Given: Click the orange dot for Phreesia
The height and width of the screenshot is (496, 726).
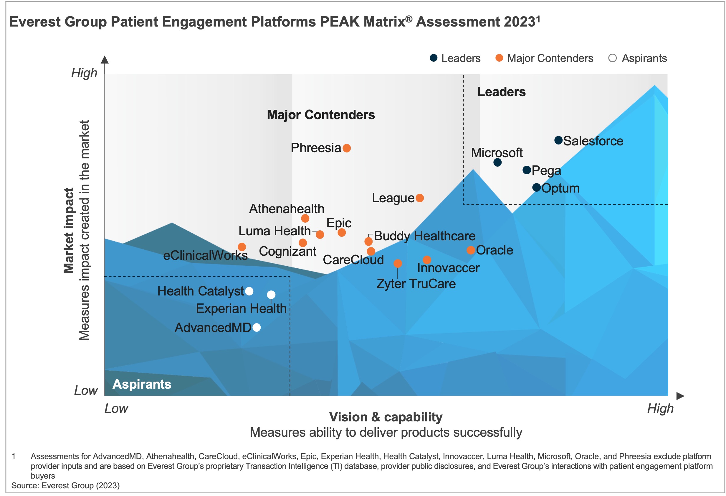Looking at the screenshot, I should (x=346, y=148).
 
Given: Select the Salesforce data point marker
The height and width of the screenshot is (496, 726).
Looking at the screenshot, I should (x=558, y=140).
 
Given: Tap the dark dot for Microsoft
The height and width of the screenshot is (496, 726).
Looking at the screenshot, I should (x=497, y=162).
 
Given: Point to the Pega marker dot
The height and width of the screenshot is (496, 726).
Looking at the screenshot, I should (x=527, y=170).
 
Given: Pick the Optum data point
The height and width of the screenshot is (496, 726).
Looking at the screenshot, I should (x=536, y=188).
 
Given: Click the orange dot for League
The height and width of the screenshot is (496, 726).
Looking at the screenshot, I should (x=419, y=198).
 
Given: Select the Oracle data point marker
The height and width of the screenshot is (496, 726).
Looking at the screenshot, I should (x=471, y=250).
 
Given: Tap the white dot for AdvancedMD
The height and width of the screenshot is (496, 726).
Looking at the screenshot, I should (x=257, y=327).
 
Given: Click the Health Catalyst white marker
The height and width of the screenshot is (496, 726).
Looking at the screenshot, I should (x=249, y=291).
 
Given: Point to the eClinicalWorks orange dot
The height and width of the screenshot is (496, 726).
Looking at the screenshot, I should (x=242, y=247).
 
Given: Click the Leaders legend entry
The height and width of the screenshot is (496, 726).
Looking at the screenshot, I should (x=455, y=58).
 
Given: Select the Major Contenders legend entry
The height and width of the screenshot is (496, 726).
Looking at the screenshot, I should (x=545, y=58).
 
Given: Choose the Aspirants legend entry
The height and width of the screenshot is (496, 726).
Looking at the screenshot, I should (x=638, y=58).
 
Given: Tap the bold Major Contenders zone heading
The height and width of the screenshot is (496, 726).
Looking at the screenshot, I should (x=321, y=115).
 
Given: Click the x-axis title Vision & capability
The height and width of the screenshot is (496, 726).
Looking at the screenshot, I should (x=386, y=417).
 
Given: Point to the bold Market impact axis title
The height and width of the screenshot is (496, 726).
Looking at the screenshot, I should (x=69, y=231).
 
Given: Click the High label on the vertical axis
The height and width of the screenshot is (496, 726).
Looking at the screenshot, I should (x=84, y=73).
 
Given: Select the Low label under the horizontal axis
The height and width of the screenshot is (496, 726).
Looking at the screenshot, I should (x=116, y=408).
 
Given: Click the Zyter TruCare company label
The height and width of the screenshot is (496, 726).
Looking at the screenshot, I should (x=416, y=284).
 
